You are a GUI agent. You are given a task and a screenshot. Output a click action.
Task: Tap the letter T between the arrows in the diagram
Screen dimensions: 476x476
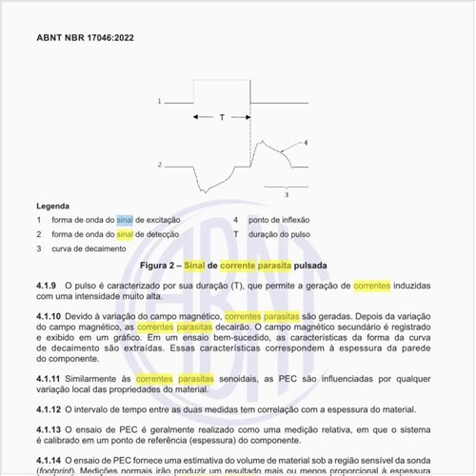(x=222, y=117)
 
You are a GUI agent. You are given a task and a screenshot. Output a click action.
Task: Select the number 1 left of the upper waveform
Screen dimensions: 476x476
(x=159, y=100)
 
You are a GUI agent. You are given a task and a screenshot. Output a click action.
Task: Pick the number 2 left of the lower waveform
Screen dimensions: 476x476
(x=159, y=165)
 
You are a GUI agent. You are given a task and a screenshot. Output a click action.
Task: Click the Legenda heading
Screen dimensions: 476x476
(x=53, y=206)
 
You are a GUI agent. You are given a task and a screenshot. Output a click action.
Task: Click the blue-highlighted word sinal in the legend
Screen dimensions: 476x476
(x=126, y=220)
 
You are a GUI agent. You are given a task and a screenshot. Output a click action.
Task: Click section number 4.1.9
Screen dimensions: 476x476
(x=48, y=286)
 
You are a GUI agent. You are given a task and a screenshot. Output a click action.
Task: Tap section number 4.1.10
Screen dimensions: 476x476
(x=50, y=315)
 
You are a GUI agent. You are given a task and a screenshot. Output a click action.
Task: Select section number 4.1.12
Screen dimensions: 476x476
(x=50, y=409)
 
